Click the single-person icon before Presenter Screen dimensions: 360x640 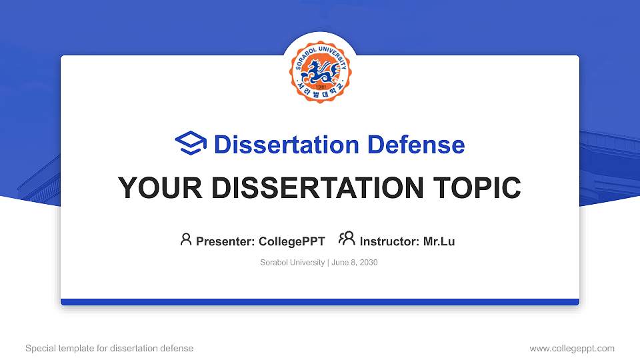point(186,240)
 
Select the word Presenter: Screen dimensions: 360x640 point(225,241)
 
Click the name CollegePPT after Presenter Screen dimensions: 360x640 point(291,241)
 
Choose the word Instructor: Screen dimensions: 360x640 point(390,241)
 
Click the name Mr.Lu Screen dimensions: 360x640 point(439,241)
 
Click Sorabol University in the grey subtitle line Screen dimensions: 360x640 point(292,263)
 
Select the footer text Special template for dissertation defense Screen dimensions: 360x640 point(109,348)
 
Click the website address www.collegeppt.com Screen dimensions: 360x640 point(572,348)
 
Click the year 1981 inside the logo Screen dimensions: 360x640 point(320,87)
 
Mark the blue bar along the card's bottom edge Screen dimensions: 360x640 point(320,302)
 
